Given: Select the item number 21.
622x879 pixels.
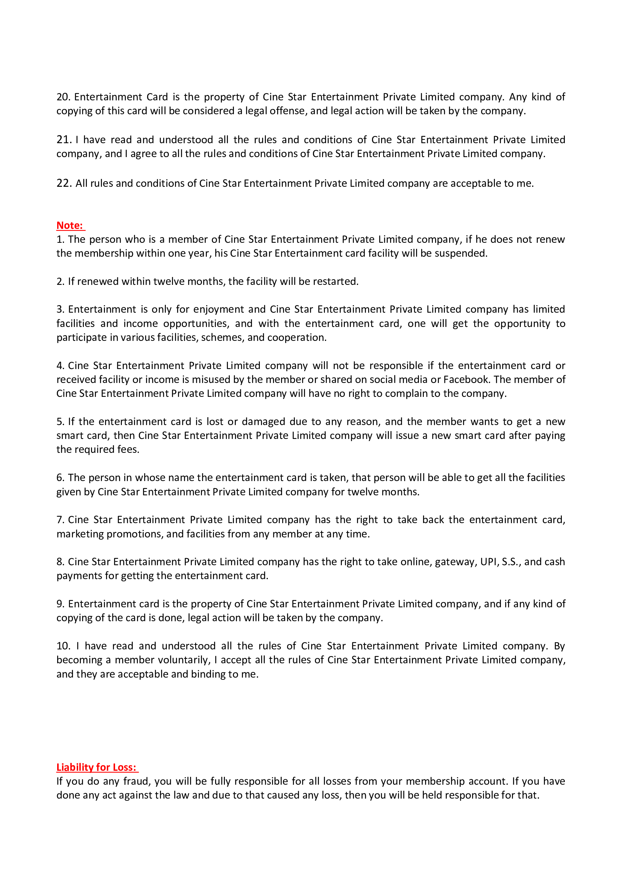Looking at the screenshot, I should click(x=64, y=140).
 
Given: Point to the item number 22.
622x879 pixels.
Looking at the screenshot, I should click(x=64, y=183).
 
